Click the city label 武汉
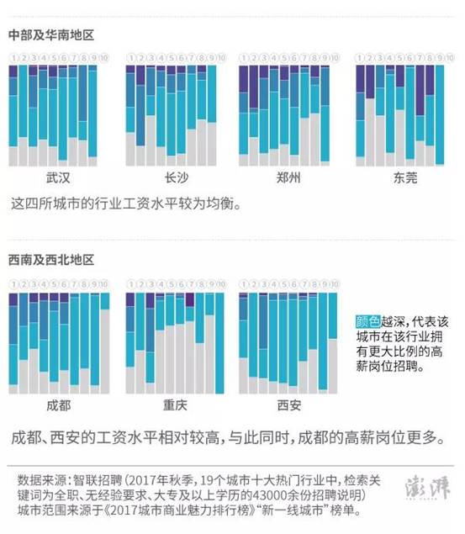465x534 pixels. (57, 178)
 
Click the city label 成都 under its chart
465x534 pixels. (58, 405)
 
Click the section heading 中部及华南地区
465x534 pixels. (50, 34)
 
